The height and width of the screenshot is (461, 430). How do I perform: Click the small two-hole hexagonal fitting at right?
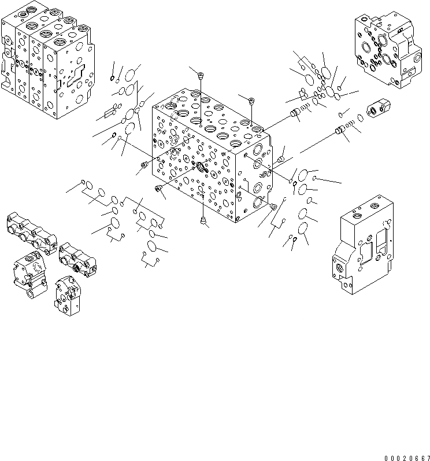[x=378, y=109]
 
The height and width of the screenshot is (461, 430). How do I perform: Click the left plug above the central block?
[x=200, y=75]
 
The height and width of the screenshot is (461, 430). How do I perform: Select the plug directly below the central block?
[x=203, y=219]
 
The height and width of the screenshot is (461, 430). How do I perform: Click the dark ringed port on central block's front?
[x=202, y=168]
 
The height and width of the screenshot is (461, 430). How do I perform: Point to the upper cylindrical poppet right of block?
[x=296, y=113]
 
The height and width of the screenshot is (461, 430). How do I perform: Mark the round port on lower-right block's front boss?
[x=336, y=270]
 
